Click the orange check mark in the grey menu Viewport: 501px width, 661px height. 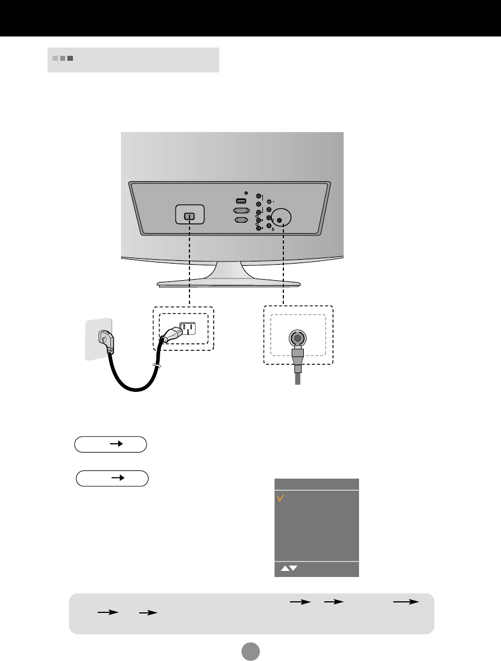(281, 499)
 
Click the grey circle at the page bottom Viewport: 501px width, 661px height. (250, 650)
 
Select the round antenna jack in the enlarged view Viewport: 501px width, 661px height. (297, 339)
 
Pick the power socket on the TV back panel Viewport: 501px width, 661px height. (189, 216)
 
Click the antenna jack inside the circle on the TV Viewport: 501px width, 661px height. (279, 221)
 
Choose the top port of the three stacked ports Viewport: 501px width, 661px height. (240, 201)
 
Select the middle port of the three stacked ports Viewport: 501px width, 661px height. (240, 211)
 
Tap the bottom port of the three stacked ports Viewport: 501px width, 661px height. (240, 220)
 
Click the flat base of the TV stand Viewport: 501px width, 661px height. (228, 284)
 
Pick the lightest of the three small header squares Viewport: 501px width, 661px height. (55, 58)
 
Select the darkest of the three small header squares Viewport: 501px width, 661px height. (70, 58)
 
